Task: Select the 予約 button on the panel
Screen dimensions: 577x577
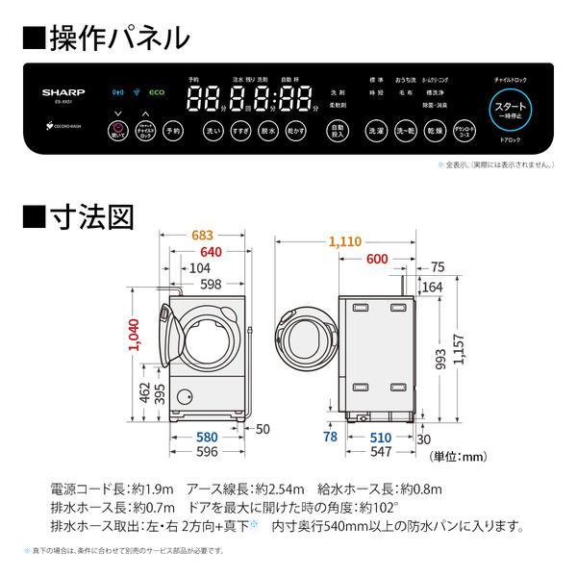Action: click(x=172, y=130)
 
